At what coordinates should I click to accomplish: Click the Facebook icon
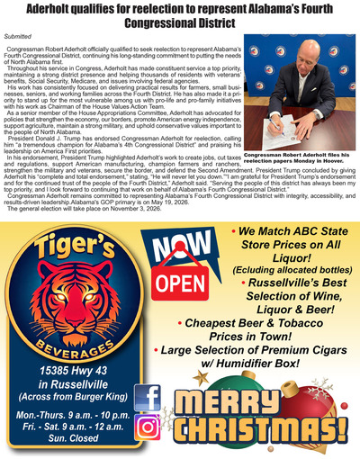(x=148, y=396)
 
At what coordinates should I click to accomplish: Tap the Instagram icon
(x=148, y=427)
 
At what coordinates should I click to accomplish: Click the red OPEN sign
(x=181, y=283)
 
